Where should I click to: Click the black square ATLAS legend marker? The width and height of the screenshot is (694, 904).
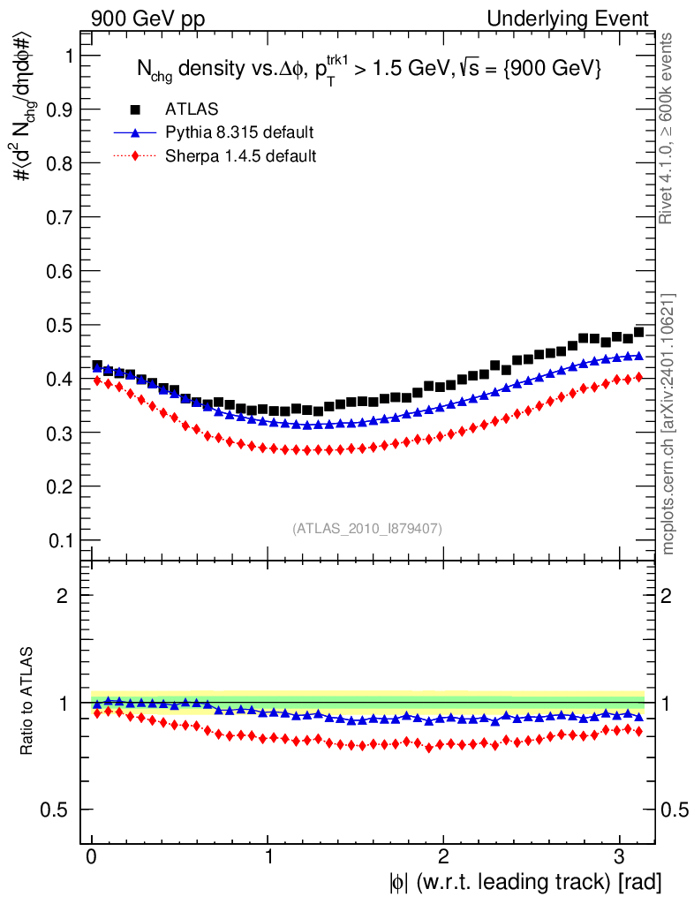pos(135,109)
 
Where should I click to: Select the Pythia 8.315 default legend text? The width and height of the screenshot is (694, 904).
pos(239,133)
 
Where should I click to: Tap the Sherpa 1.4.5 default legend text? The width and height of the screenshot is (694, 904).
pos(241,156)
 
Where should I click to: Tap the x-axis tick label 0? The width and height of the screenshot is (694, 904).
pos(92,858)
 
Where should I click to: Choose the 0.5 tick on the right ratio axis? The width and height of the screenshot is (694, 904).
pos(675,810)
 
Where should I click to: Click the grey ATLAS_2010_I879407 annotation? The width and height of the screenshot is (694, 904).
pos(367,529)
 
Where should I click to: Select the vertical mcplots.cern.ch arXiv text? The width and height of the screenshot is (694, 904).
pos(668,424)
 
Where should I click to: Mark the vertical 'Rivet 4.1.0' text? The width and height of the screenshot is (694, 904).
pos(668,128)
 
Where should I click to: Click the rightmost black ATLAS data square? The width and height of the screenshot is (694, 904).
pos(638,332)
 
